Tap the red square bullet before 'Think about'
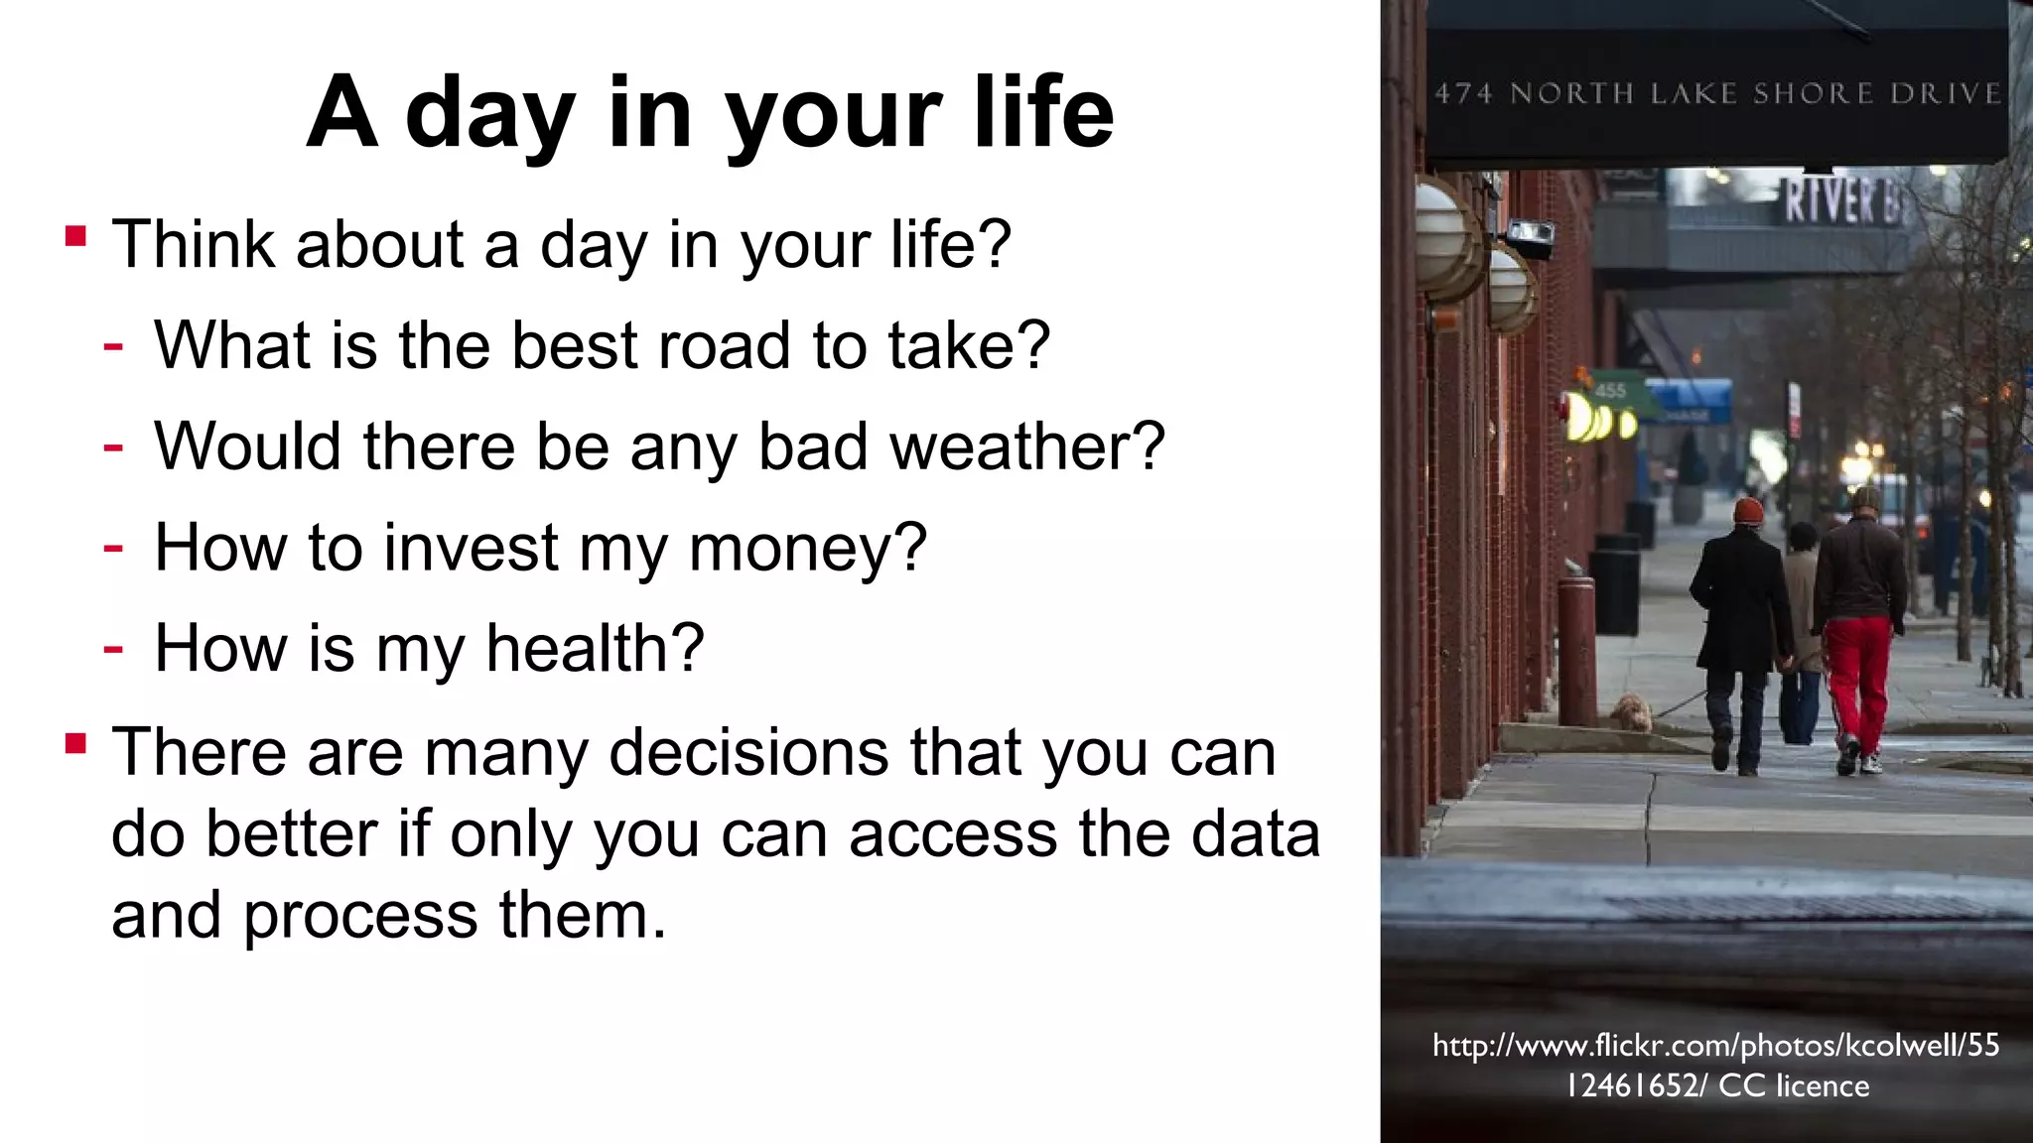click(76, 236)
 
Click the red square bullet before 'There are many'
click(76, 743)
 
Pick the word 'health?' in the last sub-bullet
click(595, 649)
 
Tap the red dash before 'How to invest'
click(113, 547)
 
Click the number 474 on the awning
click(1463, 94)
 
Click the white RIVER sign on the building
click(1836, 200)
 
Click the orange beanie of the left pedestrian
click(1748, 511)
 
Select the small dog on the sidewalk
click(1629, 711)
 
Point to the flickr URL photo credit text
click(1715, 1045)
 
